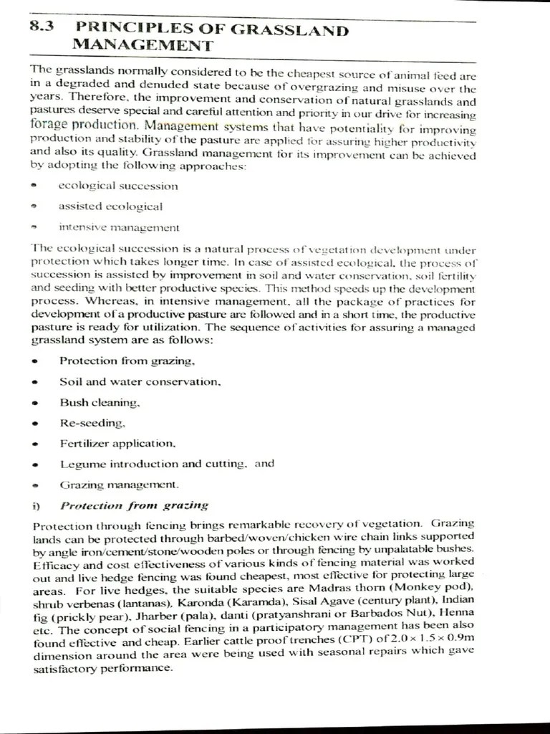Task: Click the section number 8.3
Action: pyautogui.click(x=42, y=29)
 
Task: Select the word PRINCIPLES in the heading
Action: pyautogui.click(x=125, y=29)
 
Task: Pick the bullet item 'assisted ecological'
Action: pyautogui.click(x=110, y=207)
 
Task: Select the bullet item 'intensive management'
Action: pyautogui.click(x=119, y=228)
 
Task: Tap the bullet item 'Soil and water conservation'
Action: pyautogui.click(x=140, y=381)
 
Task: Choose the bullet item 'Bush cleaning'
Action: pyautogui.click(x=95, y=402)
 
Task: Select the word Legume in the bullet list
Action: pyautogui.click(x=80, y=464)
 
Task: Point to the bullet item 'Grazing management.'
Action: pyautogui.click(x=119, y=485)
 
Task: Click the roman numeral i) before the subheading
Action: pyautogui.click(x=37, y=505)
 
